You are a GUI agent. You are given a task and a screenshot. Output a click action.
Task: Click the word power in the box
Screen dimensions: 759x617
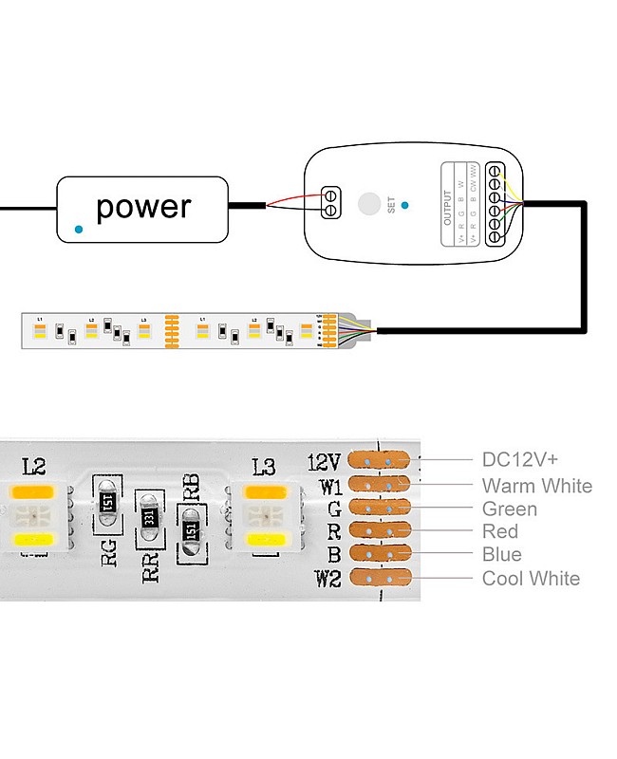coord(143,207)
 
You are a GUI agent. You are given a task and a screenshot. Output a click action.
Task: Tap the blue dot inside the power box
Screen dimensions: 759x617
coord(79,229)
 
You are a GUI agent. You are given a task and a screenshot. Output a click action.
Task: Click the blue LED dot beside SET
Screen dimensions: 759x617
coord(405,204)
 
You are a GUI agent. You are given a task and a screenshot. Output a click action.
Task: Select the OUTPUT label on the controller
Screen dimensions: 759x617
coord(449,205)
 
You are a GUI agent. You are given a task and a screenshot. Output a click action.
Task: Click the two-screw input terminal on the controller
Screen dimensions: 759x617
coord(331,202)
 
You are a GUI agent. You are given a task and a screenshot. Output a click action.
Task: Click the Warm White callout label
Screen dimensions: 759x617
coord(536,486)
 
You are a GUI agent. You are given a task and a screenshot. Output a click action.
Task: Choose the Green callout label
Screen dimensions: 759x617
coord(510,509)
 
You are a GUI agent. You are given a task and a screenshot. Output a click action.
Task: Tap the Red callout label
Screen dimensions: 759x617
coord(500,531)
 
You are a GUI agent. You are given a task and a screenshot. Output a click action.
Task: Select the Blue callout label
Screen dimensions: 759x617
coord(502,555)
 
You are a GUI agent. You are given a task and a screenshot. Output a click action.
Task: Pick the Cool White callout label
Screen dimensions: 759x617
coord(531,579)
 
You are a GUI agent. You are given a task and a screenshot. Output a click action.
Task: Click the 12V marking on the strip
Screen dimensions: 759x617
coord(324,462)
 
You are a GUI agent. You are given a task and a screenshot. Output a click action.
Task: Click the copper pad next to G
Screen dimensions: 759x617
coord(383,509)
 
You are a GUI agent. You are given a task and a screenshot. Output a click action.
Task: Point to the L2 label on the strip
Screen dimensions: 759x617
coord(33,466)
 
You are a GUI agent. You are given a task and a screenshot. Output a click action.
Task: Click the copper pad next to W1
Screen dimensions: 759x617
coord(383,485)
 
